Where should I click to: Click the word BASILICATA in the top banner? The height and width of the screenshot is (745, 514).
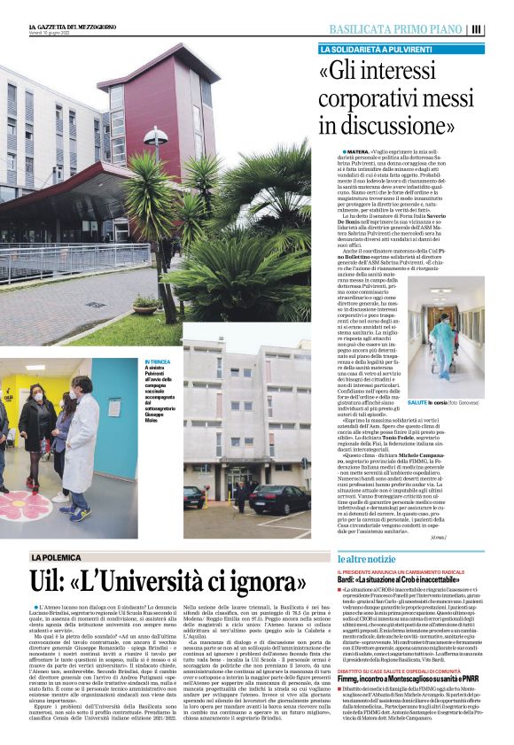(x=366, y=29)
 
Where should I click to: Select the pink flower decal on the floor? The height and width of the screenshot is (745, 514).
(x=24, y=510)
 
